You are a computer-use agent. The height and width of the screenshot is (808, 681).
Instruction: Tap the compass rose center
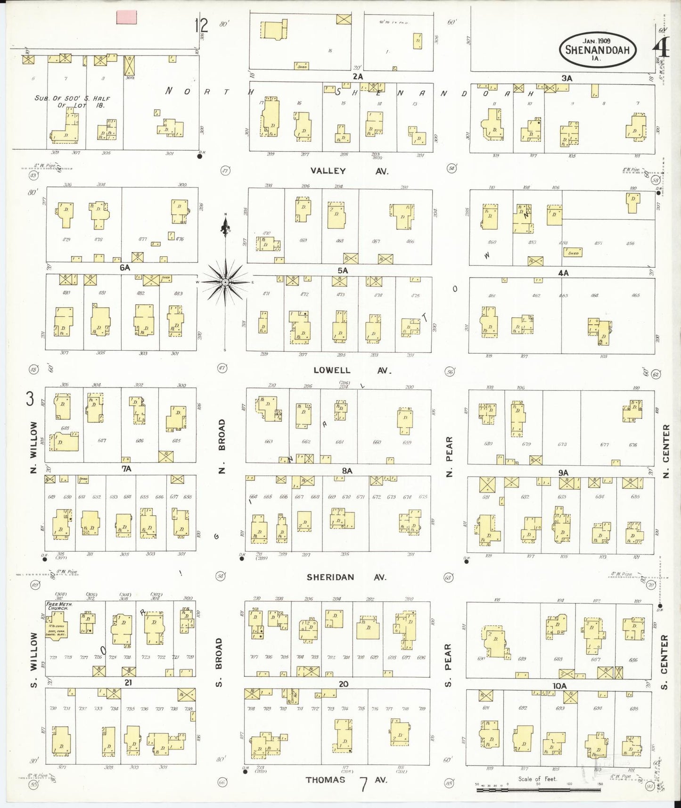226,282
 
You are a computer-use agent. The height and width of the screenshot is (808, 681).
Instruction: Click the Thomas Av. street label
346,780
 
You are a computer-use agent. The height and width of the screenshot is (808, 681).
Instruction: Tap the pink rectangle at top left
126,17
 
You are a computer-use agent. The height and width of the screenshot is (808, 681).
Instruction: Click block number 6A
124,267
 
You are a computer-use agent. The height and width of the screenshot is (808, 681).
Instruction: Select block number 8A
347,470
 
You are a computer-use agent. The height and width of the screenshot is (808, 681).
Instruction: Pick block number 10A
559,686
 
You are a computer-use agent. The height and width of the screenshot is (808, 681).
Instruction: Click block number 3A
566,79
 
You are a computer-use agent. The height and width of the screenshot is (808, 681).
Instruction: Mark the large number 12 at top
201,25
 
